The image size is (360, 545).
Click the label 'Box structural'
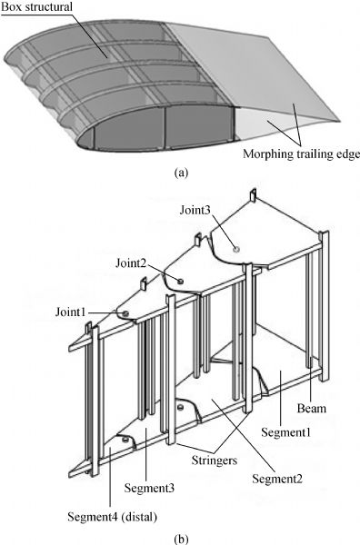[x=36, y=7]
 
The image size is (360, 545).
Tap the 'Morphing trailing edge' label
[x=301, y=154]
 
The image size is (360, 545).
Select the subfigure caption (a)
[x=182, y=173]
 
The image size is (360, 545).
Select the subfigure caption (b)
[x=182, y=539]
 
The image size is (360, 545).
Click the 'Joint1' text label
[x=70, y=312]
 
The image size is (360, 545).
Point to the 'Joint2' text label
[x=130, y=263]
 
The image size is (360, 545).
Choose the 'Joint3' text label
[x=195, y=210]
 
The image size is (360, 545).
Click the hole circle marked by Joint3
[x=236, y=249]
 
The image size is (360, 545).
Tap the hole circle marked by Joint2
[x=180, y=281]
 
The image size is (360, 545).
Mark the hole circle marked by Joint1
[x=125, y=313]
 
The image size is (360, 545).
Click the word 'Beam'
[x=312, y=408]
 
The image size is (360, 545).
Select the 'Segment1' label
[x=286, y=432]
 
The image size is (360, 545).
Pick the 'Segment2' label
[x=277, y=479]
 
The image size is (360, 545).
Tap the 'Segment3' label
[x=149, y=488]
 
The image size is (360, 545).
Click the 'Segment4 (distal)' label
[x=113, y=517]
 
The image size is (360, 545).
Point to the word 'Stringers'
[x=215, y=461]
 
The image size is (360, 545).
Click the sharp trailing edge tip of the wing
[x=339, y=121]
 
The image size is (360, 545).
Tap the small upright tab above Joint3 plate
[x=253, y=195]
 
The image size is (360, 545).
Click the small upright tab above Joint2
[x=198, y=240]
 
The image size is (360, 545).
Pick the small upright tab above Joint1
[x=144, y=283]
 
